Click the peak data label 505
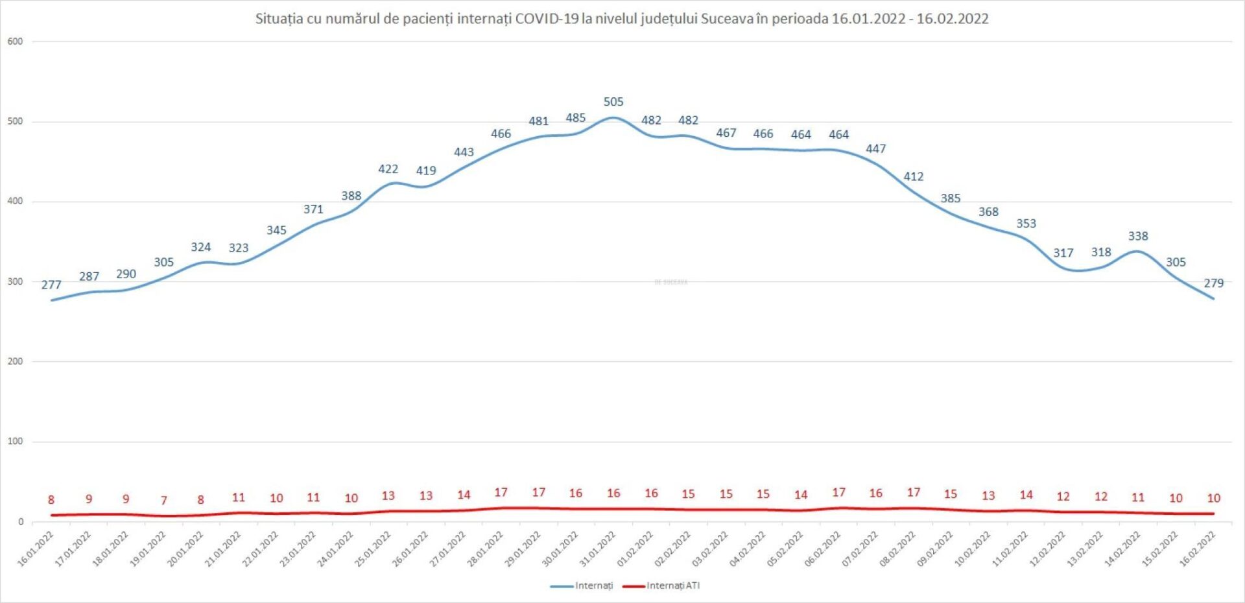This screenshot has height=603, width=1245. pyautogui.click(x=613, y=102)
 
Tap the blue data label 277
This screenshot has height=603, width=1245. pyautogui.click(x=51, y=285)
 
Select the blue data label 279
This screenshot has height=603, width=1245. pyautogui.click(x=1213, y=283)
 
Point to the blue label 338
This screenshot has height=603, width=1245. pyautogui.click(x=1137, y=236)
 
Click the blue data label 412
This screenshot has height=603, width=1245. pyautogui.click(x=913, y=176)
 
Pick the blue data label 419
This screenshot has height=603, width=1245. pyautogui.click(x=426, y=171)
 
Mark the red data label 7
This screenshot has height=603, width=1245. pyautogui.click(x=164, y=500)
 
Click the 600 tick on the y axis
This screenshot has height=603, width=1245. pyautogui.click(x=15, y=41)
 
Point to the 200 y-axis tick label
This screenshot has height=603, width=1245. pyautogui.click(x=15, y=361)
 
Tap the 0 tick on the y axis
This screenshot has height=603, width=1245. pyautogui.click(x=21, y=521)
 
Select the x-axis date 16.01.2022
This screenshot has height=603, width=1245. pyautogui.click(x=36, y=549)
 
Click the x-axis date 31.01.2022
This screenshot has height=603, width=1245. pyautogui.click(x=598, y=549)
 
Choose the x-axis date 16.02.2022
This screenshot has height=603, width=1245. pyautogui.click(x=1197, y=549)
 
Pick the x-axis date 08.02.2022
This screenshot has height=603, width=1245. pyautogui.click(x=897, y=549)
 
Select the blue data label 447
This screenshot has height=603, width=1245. pyautogui.click(x=875, y=148)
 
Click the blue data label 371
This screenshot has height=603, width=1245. pyautogui.click(x=313, y=209)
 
